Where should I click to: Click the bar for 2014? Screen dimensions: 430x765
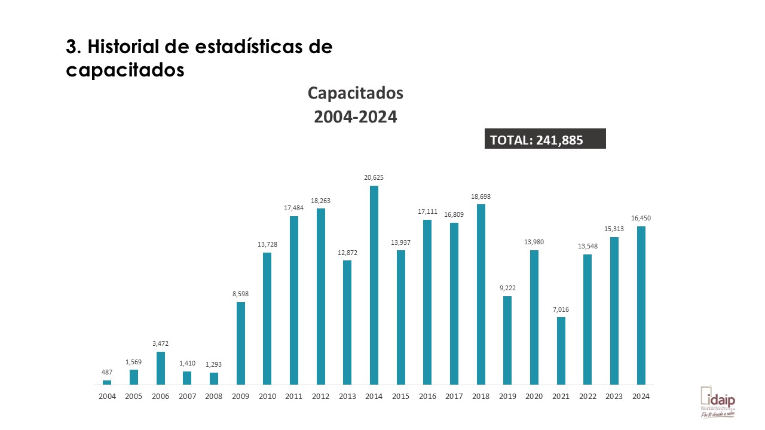tap(374, 285)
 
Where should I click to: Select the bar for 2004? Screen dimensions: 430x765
tap(107, 382)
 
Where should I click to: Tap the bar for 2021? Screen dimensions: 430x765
tap(561, 351)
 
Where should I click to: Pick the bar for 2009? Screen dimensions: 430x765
tap(241, 343)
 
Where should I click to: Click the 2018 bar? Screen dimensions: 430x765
tap(481, 294)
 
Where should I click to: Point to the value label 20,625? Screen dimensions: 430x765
tap(374, 177)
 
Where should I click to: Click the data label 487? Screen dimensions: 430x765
tap(107, 372)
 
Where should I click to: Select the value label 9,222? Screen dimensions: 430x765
tap(507, 288)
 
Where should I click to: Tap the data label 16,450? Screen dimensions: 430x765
tap(641, 218)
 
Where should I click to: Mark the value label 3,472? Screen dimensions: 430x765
tap(160, 343)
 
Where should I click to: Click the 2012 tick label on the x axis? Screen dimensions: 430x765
tap(321, 396)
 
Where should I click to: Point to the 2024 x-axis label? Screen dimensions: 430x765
tap(641, 396)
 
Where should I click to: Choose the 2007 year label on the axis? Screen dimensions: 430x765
tap(187, 396)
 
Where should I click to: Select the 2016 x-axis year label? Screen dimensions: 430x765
tap(427, 396)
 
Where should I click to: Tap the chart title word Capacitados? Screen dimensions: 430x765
tap(356, 93)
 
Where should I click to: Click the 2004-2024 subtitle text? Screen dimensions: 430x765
tap(356, 117)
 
